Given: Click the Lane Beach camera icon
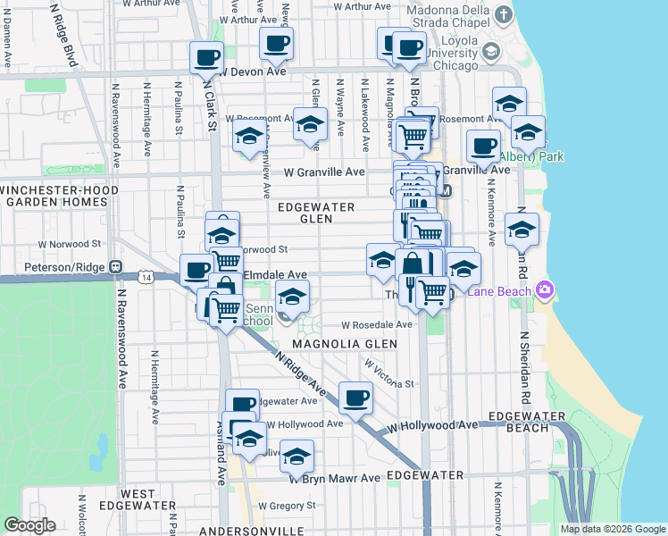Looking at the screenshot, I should coord(544,290).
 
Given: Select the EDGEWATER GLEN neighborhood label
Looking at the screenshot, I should coord(316,213).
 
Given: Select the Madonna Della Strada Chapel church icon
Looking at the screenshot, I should coord(504,15).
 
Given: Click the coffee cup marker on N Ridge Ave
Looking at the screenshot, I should coord(355,398).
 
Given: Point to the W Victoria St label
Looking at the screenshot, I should coord(390,374).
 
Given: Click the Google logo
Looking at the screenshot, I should coord(30,525).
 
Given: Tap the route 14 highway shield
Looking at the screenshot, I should coord(145,280).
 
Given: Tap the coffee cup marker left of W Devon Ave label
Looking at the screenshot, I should coord(206,58).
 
